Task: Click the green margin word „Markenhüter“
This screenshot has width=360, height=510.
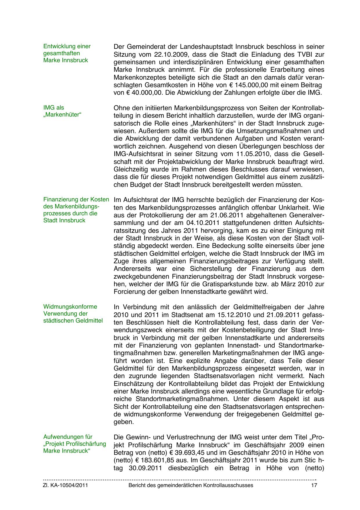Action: [62, 114]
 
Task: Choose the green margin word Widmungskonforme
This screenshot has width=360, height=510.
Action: [70, 307]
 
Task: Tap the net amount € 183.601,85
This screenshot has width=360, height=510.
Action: [156, 460]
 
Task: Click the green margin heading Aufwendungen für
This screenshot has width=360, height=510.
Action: [68, 437]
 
